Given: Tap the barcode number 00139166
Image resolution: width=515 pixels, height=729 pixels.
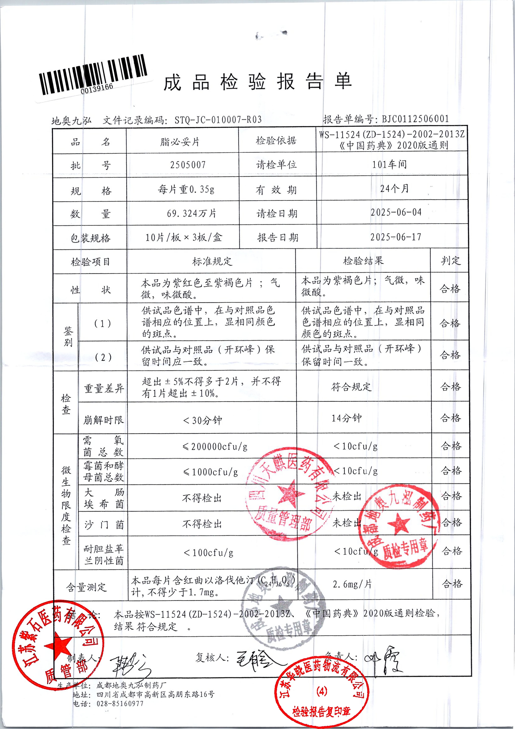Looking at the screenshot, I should coord(97,89).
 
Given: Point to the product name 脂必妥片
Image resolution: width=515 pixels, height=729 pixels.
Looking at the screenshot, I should coord(180,142).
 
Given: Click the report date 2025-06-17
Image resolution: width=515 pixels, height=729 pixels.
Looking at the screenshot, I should coord(396,237).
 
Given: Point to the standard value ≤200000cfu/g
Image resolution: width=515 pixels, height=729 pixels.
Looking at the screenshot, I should coord(215,447).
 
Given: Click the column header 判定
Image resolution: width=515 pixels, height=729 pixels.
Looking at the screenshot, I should coord(450,261).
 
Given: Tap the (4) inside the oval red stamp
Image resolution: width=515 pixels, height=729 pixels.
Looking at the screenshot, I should coord(322,691).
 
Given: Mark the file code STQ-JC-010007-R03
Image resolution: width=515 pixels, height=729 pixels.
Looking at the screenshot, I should coord(218,120).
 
